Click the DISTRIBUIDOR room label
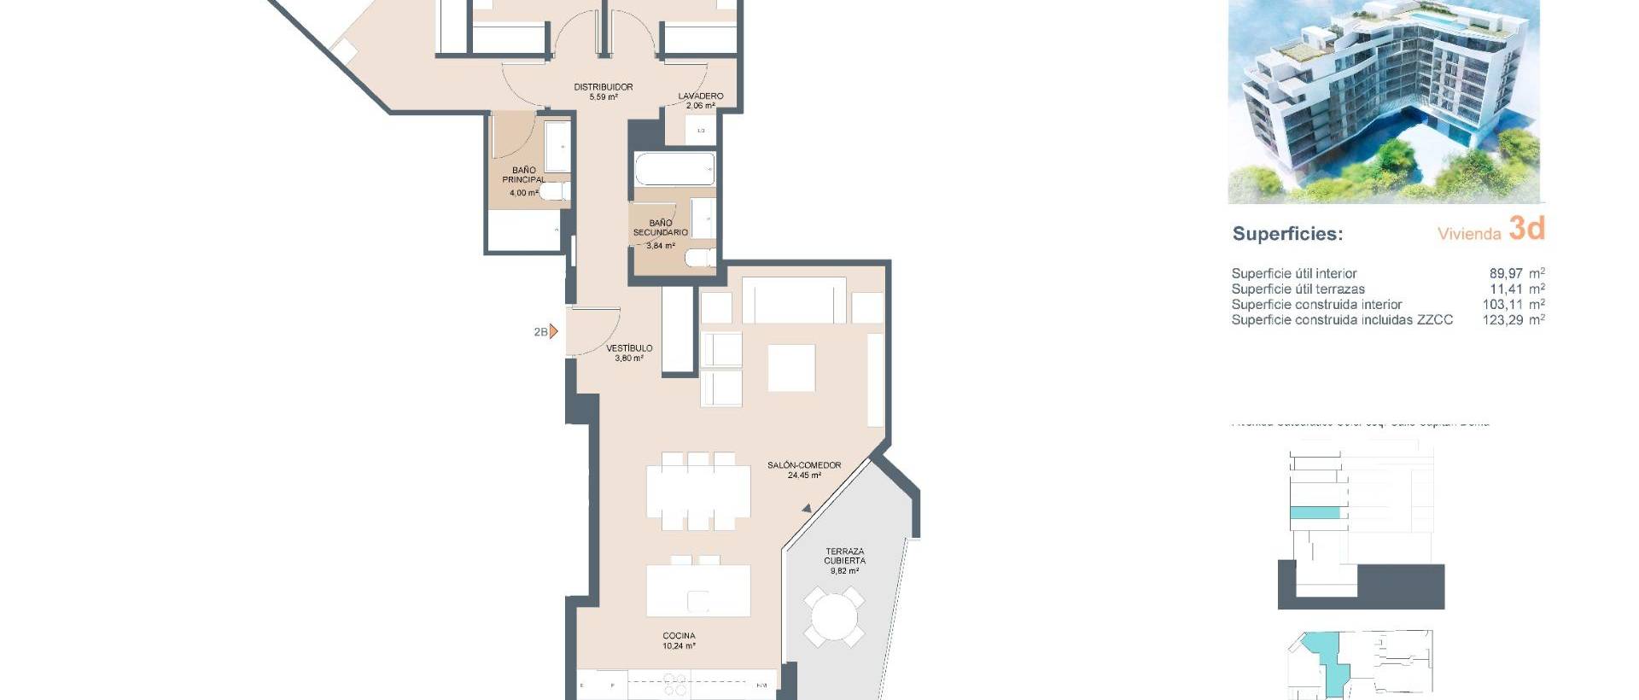click(x=603, y=87)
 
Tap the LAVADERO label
click(x=701, y=96)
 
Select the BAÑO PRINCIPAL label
click(x=523, y=175)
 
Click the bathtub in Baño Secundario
click(x=674, y=169)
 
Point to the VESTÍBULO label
click(x=629, y=348)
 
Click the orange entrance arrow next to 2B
click(x=553, y=331)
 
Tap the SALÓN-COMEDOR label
click(x=803, y=465)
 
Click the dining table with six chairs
click(x=697, y=492)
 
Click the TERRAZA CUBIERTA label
click(x=844, y=557)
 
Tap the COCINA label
click(x=679, y=636)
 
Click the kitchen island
click(x=697, y=591)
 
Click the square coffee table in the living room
click(x=791, y=368)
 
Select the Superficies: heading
click(x=1287, y=234)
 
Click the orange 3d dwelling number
click(x=1526, y=229)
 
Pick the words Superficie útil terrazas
click(x=1298, y=289)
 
